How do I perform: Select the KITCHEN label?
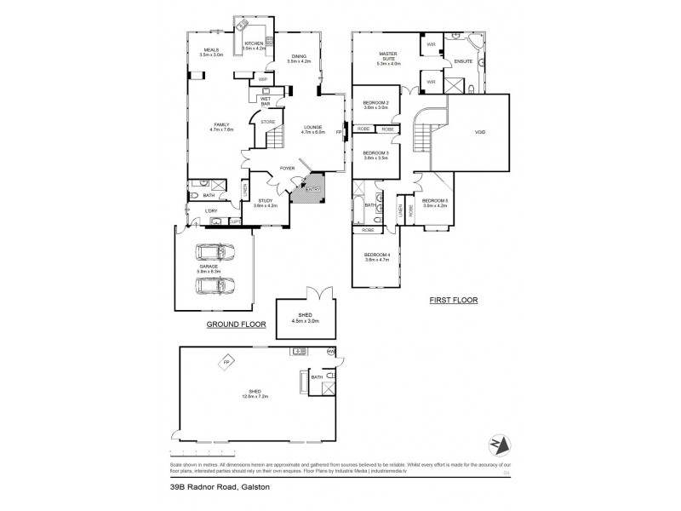pos(255,43)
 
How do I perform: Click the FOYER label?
pos(288,169)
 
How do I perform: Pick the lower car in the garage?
pos(215,284)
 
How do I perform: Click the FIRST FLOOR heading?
pos(455,300)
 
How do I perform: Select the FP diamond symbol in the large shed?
pos(226,362)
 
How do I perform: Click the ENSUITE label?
pos(463,60)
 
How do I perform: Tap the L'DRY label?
pos(210,210)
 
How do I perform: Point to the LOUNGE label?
pos(314,128)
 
